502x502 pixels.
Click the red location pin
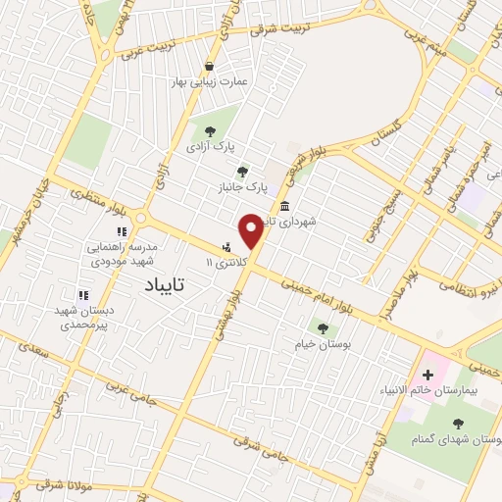(x=252, y=230)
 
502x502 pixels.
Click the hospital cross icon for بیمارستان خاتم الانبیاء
(x=427, y=375)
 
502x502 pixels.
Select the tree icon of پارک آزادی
(x=209, y=130)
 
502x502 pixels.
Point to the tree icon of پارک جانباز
(x=242, y=171)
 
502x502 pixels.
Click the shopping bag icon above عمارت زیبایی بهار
(x=209, y=66)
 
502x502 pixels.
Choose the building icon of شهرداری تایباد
(x=284, y=206)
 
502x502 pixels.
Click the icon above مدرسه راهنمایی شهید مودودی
(x=122, y=231)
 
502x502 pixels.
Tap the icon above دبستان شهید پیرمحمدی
(x=83, y=294)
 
